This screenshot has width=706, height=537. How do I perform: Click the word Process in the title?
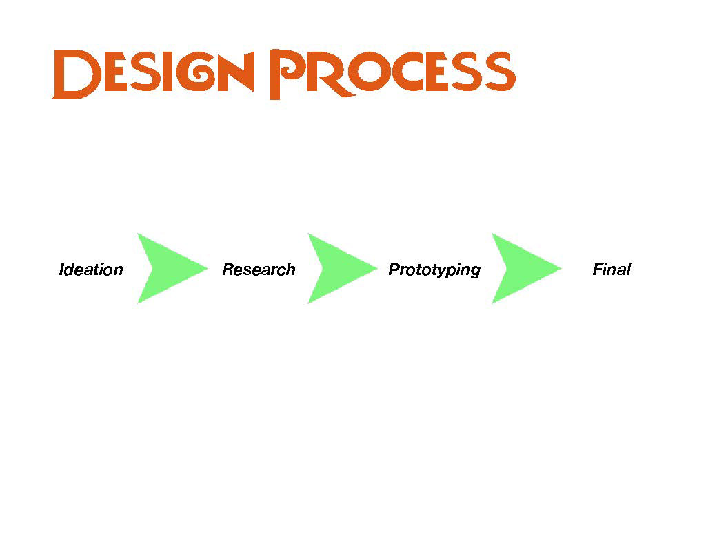[x=392, y=74]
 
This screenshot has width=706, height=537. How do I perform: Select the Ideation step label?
[x=91, y=270]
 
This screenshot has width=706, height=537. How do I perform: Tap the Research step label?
[x=259, y=270]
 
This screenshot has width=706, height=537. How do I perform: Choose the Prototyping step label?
[x=434, y=270]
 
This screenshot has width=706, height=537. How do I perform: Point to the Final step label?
[x=612, y=270]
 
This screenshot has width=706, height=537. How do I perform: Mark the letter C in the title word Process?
[x=407, y=72]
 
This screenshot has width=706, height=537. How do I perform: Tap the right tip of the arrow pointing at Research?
[x=208, y=269]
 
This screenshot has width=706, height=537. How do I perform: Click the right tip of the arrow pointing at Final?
[x=561, y=269]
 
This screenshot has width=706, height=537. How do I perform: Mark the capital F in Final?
[x=598, y=270]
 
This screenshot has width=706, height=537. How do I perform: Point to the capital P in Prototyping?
[x=395, y=270]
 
